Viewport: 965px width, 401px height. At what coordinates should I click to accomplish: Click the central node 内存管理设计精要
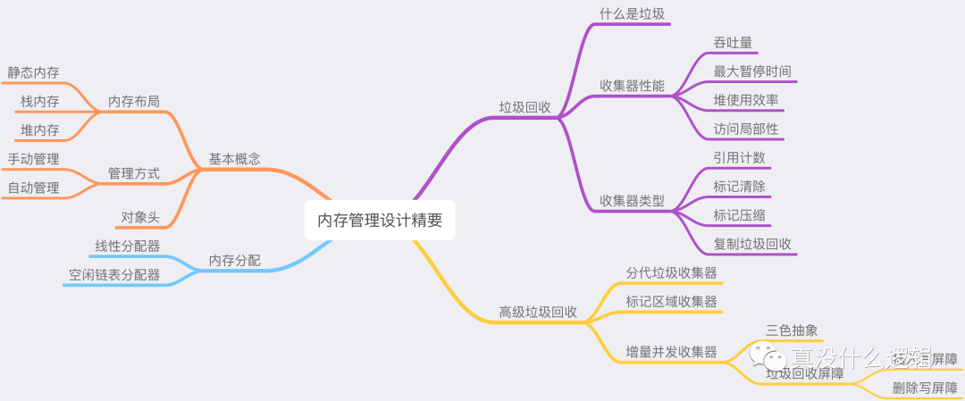[x=380, y=220]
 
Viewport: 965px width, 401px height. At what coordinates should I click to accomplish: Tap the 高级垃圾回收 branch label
[x=538, y=313]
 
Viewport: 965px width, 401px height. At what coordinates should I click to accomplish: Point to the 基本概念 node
[x=234, y=159]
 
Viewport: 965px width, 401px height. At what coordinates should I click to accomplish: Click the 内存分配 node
[x=234, y=260]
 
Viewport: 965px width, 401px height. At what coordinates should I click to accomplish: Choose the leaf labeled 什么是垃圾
[x=632, y=13]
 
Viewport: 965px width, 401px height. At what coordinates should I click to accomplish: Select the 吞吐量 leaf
[x=733, y=43]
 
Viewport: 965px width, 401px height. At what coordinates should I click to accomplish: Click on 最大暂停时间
[x=752, y=71]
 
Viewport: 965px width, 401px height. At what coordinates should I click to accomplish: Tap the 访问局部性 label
[x=746, y=129]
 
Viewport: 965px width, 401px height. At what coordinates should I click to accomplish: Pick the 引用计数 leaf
[x=739, y=158]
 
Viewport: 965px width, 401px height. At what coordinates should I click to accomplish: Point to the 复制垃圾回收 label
[x=752, y=244]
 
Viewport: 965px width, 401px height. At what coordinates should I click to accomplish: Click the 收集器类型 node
[x=632, y=201]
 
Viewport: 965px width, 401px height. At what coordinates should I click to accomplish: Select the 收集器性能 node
[x=632, y=86]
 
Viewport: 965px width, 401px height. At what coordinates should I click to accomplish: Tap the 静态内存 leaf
[x=33, y=73]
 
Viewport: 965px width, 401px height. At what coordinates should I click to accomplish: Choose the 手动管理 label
[x=33, y=159]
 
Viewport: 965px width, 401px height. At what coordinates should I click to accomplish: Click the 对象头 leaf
[x=140, y=216]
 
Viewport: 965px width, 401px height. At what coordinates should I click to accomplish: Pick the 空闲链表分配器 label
[x=114, y=275]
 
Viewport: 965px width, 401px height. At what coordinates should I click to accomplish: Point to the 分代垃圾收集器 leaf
[x=672, y=272]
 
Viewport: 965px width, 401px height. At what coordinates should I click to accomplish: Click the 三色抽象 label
[x=792, y=330]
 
